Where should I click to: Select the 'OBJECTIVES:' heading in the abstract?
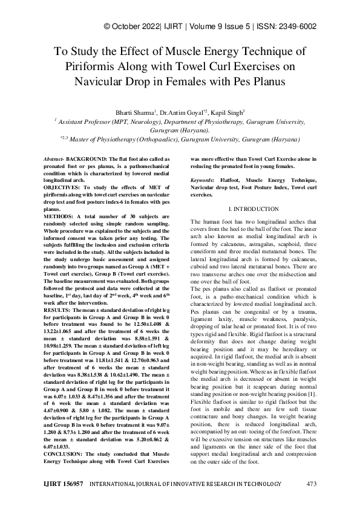pos(64,187)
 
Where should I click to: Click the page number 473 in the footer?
pos(312,484)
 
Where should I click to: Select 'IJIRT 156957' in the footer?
pos(63,484)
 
